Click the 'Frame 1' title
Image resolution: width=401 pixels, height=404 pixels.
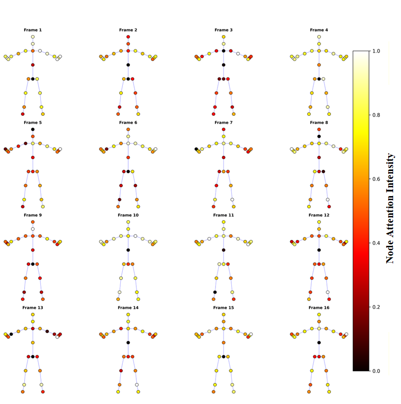(33, 30)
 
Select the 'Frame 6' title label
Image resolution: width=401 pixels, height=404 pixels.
(128, 123)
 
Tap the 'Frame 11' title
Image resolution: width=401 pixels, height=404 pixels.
(223, 215)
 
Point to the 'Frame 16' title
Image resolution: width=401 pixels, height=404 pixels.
(319, 307)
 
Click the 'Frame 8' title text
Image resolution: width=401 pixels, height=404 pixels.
(319, 123)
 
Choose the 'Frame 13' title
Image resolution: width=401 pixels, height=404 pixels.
(33, 307)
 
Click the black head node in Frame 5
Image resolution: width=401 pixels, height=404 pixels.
(33, 129)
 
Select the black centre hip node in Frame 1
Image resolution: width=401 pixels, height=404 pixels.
(33, 79)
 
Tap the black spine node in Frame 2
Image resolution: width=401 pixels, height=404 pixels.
(128, 65)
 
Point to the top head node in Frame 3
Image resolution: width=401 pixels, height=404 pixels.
(223, 37)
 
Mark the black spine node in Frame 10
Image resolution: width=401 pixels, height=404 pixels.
(128, 250)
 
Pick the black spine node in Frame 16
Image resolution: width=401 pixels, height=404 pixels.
(319, 342)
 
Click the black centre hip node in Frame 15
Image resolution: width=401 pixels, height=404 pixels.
(223, 356)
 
